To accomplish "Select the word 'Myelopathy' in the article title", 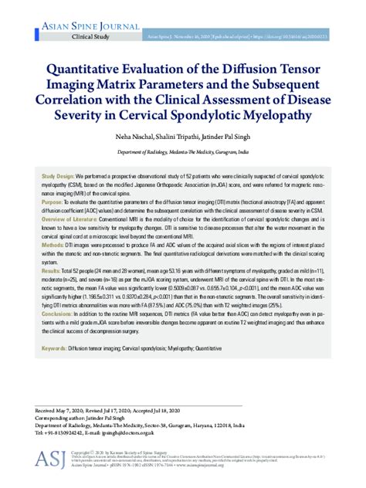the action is coord(279,115).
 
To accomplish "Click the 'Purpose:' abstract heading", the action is coord(53,201).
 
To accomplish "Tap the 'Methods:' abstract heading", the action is coord(53,243).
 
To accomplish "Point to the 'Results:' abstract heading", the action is coord(51,273).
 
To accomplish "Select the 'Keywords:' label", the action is coord(53,349).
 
